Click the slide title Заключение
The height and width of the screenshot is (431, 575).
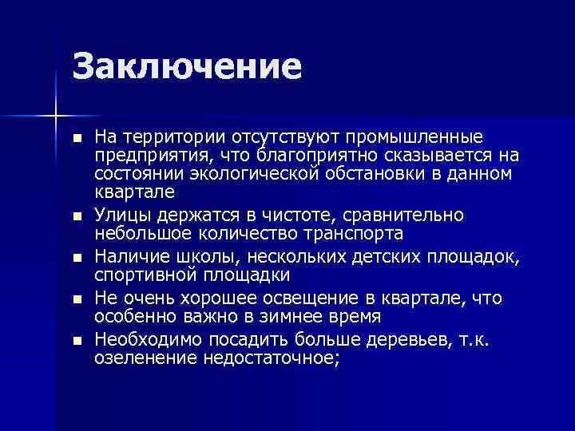click(187, 67)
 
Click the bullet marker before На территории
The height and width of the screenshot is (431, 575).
click(76, 139)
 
